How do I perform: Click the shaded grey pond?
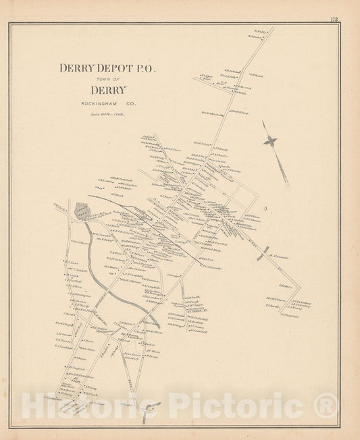click(81, 211)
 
